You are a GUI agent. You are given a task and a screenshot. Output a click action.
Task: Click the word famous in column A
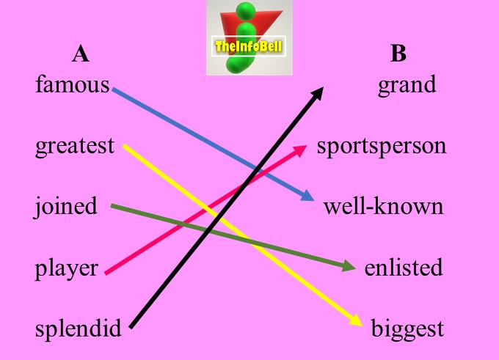[x=72, y=85]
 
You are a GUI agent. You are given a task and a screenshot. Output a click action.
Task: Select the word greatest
[x=75, y=146]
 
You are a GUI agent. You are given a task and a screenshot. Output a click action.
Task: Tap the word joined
[x=66, y=207]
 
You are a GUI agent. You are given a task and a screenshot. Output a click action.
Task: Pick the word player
[x=66, y=268]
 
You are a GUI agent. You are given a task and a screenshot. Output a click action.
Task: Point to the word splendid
[x=78, y=328]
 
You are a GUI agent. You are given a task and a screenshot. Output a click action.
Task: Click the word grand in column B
[x=407, y=85]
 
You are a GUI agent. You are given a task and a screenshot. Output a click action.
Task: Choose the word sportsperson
[x=382, y=146]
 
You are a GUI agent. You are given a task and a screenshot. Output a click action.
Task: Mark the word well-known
[x=383, y=207]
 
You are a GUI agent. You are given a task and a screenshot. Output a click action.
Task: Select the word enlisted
[x=404, y=268]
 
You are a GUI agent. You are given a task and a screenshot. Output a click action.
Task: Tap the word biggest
[x=407, y=328]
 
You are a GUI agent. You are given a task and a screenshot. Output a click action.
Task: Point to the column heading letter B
[x=398, y=54]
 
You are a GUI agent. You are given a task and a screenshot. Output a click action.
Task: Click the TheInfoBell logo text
[x=249, y=47]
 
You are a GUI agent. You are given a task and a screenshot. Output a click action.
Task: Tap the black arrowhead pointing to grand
[x=319, y=91]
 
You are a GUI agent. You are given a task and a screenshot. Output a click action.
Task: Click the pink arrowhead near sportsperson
[x=301, y=149]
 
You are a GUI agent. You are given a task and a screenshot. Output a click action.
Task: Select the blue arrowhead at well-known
[x=308, y=197]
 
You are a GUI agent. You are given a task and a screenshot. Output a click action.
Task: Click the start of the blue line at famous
[x=114, y=89]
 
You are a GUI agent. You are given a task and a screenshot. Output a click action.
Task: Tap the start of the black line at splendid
[x=131, y=326]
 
